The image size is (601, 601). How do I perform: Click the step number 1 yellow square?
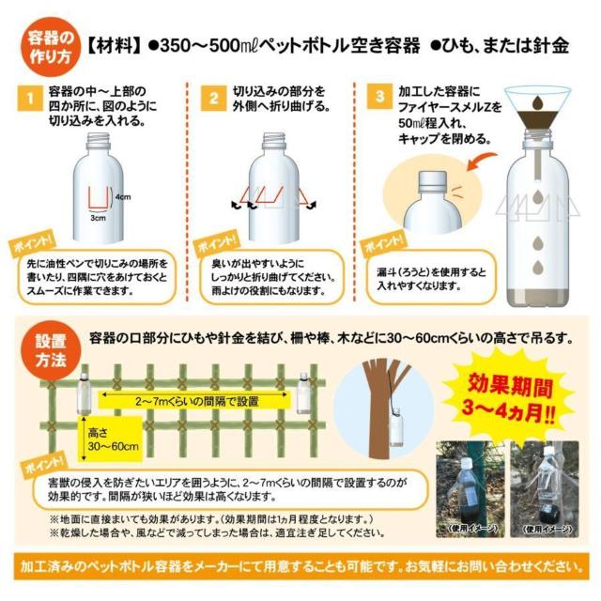(x=32, y=98)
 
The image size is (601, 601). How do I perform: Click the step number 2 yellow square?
(x=214, y=98)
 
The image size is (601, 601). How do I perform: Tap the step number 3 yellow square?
(x=379, y=98)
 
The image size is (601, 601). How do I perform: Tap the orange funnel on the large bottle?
(x=544, y=105)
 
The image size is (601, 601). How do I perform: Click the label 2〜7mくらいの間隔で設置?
(x=194, y=401)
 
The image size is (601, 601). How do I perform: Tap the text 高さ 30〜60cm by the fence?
(x=114, y=439)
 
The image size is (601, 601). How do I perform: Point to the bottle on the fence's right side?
(x=303, y=393)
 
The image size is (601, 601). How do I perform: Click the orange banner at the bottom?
(x=300, y=566)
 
